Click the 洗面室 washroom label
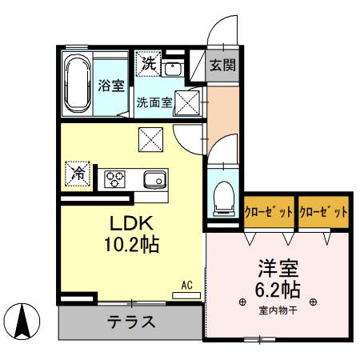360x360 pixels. click(x=153, y=102)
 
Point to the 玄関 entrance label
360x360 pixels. click(x=222, y=65)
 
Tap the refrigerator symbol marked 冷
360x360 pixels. click(x=78, y=171)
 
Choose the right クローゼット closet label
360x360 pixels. click(x=324, y=213)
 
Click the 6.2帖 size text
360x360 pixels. click(x=277, y=288)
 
